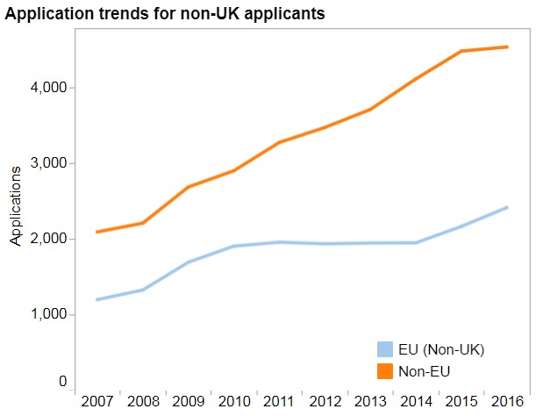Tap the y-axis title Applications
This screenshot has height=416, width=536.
click(x=15, y=204)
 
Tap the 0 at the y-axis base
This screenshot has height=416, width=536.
click(x=63, y=382)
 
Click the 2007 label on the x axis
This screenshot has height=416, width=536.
click(x=97, y=401)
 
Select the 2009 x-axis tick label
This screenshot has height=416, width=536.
click(x=188, y=401)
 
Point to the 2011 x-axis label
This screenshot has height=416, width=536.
click(x=277, y=401)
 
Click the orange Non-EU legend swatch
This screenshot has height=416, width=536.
click(x=384, y=371)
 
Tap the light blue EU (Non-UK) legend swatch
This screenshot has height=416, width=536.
click(x=384, y=349)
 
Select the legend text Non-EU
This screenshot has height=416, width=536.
click(x=425, y=371)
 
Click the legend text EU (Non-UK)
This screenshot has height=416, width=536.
click(x=442, y=349)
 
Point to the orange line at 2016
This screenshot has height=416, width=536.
click(x=506, y=47)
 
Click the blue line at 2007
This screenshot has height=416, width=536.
click(x=98, y=299)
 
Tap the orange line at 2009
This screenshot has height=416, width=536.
click(x=188, y=187)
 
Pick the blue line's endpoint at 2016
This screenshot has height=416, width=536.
click(x=506, y=208)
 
